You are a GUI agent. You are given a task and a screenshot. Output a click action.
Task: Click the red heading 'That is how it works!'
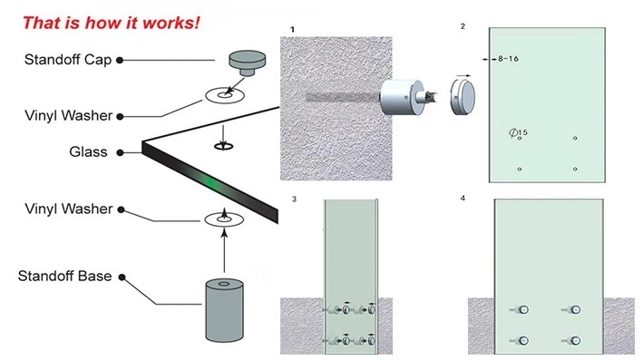pyautogui.click(x=112, y=23)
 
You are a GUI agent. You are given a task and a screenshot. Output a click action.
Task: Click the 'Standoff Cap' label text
pyautogui.click(x=68, y=60)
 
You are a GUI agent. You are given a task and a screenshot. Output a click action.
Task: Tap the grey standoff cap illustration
pyautogui.click(x=247, y=63)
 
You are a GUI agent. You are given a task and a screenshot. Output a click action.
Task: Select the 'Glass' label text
pyautogui.click(x=88, y=152)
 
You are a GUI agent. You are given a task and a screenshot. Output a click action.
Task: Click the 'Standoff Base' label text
pyautogui.click(x=64, y=276)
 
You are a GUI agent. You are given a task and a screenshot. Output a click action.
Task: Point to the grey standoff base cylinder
pyautogui.click(x=224, y=310)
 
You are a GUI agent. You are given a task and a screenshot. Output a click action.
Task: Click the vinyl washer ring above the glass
pyautogui.click(x=225, y=95)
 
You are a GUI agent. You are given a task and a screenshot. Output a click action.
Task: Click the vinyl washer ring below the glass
pyautogui.click(x=224, y=219)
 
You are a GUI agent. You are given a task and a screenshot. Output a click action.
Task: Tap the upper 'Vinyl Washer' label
pyautogui.click(x=69, y=116)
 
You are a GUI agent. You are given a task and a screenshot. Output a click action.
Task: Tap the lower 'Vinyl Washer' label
pyautogui.click(x=69, y=209)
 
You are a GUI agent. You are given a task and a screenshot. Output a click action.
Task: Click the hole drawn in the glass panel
pyautogui.click(x=223, y=146)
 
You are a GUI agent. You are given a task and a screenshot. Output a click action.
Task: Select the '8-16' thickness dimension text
pyautogui.click(x=509, y=59)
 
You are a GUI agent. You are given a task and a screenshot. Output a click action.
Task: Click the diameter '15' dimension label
pyautogui.click(x=519, y=132)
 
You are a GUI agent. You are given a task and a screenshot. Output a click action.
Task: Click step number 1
pyautogui.click(x=292, y=30)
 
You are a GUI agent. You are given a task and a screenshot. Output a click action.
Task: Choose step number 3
pyautogui.click(x=294, y=199)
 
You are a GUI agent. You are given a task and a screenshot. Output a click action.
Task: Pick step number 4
pyautogui.click(x=463, y=198)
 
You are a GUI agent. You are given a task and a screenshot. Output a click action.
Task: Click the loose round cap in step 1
pyautogui.click(x=463, y=97)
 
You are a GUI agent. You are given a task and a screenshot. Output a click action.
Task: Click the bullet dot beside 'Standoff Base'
pyautogui.click(x=122, y=277)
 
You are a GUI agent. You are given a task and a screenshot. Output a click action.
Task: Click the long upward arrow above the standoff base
pyautogui.click(x=224, y=250)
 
